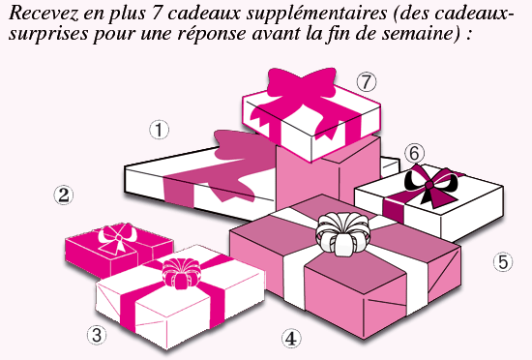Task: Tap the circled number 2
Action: click(63, 195)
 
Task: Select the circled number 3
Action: click(96, 335)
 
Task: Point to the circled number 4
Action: click(290, 338)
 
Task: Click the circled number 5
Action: click(502, 261)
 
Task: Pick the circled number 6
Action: click(415, 153)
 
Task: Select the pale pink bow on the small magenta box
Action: click(118, 233)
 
